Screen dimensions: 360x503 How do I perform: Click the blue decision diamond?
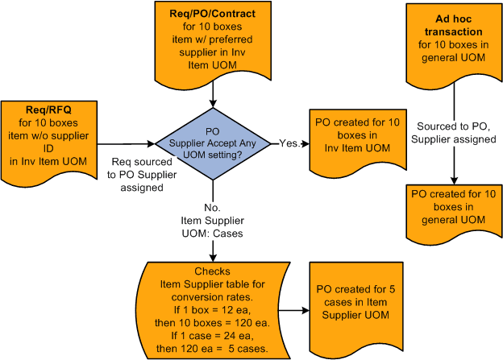click(x=213, y=145)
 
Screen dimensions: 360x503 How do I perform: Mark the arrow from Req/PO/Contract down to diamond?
click(x=213, y=94)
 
